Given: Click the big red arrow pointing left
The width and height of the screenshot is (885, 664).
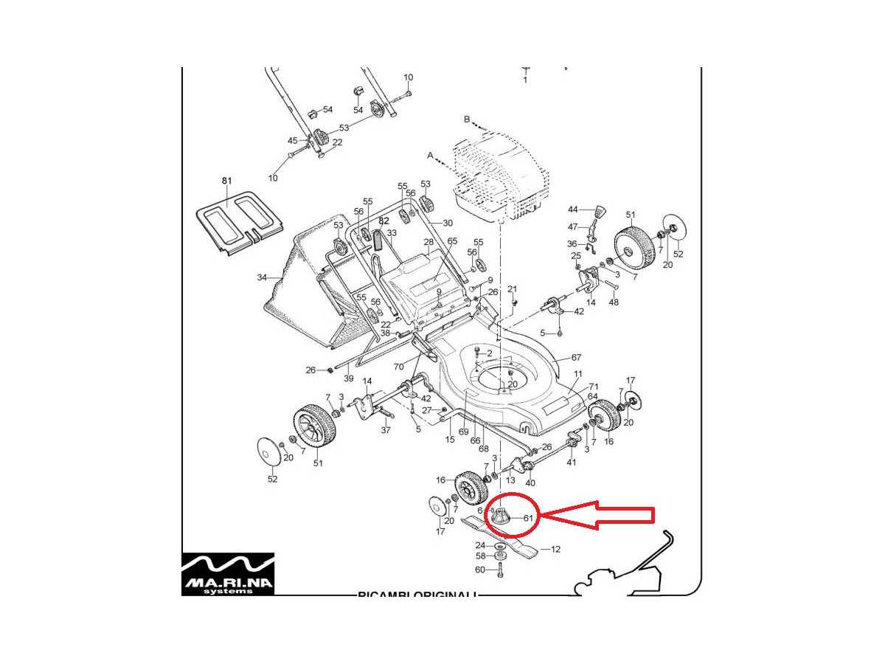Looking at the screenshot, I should point(597,516).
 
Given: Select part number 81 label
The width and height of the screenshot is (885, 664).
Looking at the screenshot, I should point(226,181).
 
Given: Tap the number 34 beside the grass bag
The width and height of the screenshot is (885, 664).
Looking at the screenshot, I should point(262,278).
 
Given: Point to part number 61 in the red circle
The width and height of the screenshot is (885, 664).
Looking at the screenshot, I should point(528,518).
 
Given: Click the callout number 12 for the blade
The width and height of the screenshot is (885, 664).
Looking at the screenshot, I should point(555,549).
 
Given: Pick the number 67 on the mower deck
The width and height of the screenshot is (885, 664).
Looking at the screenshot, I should point(576,358).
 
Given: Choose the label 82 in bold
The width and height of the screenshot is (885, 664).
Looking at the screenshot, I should point(383,221).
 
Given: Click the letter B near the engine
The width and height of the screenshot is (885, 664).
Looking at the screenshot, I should point(467,119).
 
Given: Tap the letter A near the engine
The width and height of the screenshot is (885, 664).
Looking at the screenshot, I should point(430,155).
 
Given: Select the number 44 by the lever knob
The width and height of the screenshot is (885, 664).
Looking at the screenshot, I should point(572,210).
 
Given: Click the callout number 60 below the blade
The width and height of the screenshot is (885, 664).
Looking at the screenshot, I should point(479,570).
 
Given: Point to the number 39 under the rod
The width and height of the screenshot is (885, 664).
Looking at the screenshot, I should point(348,378).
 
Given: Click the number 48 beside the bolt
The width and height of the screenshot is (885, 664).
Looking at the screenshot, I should point(614,302).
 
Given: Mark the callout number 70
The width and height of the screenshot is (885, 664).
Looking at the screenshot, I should point(399,367).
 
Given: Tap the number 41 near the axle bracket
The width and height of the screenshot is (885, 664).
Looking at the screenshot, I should point(571,462).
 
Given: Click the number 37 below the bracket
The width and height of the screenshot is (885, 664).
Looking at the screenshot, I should point(386,430).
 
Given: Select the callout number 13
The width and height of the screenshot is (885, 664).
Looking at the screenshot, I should point(510,480).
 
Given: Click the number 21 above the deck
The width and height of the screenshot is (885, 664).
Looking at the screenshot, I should point(512,288).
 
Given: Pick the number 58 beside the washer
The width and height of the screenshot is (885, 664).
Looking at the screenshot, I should point(480,556).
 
